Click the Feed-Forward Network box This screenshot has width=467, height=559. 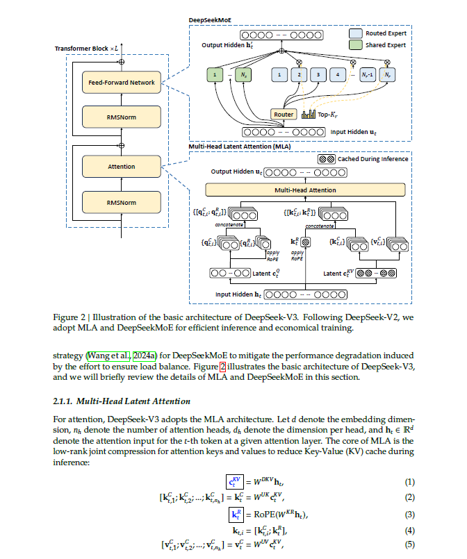122,83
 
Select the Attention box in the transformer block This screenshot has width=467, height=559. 122,167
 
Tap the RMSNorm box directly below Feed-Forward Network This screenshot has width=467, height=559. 122,117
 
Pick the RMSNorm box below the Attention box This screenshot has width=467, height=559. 122,203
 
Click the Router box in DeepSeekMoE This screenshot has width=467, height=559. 284,115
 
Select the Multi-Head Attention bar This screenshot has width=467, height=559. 305,190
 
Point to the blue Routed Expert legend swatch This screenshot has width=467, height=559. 356,33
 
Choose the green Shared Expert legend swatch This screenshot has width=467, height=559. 356,45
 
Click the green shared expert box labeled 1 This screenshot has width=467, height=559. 215,75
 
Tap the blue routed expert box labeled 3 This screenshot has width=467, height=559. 318,75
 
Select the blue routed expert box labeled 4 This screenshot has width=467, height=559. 338,75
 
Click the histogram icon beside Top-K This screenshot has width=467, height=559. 309,114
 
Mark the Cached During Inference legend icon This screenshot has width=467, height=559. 327,159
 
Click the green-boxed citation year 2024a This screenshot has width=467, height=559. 145,356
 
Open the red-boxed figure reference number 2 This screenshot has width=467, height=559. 222,367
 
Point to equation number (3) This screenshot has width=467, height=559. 409,515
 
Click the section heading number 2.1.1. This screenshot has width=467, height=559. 63,401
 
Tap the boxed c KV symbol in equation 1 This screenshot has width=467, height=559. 235,482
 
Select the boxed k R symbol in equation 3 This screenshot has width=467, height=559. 236,515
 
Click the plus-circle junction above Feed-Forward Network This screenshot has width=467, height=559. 122,62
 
